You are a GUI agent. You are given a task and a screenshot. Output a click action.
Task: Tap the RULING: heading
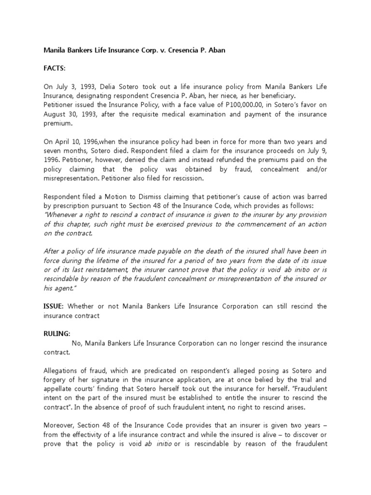click(x=57, y=333)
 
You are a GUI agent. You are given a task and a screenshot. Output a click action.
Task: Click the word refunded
click(x=225, y=160)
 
